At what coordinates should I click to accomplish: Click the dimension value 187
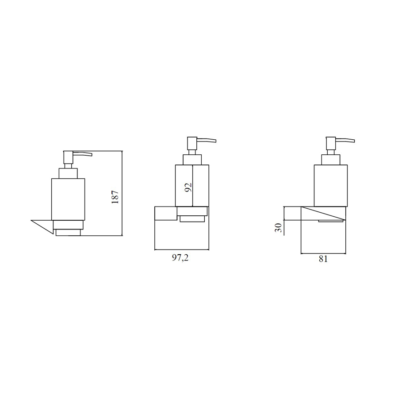coord(115,197)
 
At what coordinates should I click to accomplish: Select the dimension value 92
coord(188,188)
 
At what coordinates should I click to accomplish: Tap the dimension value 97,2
coord(180,258)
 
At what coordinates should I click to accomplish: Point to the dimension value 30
coord(279,228)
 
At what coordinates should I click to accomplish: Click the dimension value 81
coord(323,259)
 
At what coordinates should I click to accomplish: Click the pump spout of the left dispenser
coord(83,154)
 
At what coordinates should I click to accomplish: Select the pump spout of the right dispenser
coord(345,140)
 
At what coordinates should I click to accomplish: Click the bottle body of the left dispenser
coord(68,199)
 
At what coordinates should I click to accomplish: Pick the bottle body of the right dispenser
coord(331,186)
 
